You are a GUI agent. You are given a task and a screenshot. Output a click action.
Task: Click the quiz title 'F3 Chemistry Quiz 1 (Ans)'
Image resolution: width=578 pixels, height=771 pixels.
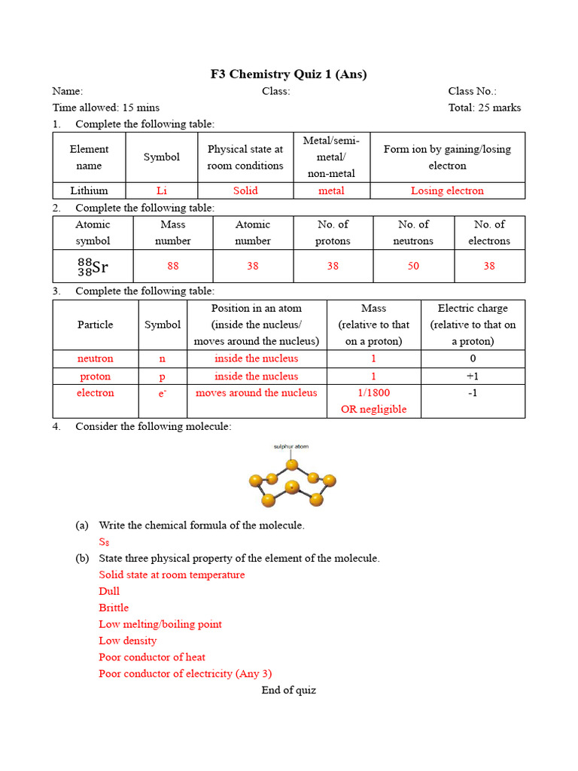288,74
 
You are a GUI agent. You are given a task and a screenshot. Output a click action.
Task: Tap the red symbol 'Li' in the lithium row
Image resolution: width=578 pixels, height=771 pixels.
162,190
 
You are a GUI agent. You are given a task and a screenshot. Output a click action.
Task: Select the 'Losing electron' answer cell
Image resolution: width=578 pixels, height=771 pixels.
447,190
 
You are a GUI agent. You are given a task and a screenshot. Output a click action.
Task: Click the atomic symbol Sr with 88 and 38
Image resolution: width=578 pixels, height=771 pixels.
93,267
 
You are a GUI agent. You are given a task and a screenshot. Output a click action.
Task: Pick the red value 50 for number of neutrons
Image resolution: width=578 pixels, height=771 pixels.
413,266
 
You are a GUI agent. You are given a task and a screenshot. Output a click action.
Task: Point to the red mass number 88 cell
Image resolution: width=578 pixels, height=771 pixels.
173,266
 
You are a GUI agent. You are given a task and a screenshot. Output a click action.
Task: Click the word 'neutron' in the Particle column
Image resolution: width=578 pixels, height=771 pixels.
96,358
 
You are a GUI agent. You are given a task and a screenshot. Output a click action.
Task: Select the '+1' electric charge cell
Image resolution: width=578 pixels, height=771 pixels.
473,376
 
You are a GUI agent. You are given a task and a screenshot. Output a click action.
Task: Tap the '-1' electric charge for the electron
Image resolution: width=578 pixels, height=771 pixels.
473,393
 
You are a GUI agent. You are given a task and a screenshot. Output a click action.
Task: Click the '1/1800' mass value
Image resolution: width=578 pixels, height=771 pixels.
373,393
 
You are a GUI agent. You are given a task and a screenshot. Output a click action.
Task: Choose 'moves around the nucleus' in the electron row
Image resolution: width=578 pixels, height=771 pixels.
257,393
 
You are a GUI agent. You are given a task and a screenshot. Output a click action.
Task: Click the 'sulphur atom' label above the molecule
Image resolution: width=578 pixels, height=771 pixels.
291,446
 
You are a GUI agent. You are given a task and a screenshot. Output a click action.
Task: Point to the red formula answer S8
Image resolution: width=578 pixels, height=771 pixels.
104,542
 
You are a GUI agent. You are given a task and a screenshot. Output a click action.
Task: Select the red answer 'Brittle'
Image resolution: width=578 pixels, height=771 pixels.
114,608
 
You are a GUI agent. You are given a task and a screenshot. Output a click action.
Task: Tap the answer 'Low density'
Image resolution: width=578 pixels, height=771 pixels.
128,641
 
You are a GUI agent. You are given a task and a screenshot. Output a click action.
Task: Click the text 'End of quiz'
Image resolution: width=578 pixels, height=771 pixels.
289,690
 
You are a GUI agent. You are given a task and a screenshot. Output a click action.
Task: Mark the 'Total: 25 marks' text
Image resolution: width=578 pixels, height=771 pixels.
485,108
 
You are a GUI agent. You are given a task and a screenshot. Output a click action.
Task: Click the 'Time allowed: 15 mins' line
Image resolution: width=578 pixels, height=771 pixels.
106,108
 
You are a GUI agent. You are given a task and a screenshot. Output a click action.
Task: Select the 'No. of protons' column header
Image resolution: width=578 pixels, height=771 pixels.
333,233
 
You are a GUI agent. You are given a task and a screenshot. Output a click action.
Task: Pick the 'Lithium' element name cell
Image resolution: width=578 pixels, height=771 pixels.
89,190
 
